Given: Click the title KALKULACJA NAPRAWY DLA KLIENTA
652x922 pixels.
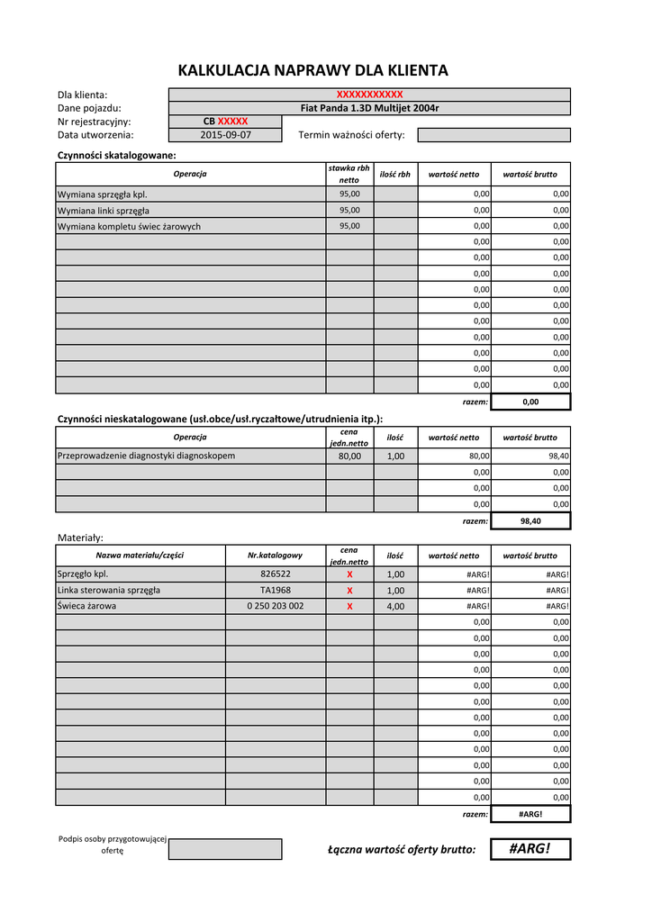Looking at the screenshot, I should click(x=312, y=70).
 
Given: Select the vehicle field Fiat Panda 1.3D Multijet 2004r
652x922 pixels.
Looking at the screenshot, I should click(x=369, y=108).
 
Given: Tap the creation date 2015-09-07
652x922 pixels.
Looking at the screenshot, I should click(x=225, y=135).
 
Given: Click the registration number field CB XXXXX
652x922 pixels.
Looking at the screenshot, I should click(x=225, y=122).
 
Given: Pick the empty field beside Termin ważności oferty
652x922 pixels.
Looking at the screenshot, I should click(x=494, y=135).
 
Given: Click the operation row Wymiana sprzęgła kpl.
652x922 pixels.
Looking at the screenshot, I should click(x=191, y=194).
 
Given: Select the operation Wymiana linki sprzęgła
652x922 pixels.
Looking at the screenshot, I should click(x=191, y=210).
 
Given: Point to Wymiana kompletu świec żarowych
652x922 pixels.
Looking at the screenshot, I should click(x=191, y=226).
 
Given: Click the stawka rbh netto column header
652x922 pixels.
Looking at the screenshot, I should click(x=349, y=174).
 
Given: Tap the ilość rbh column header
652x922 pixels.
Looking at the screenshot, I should click(x=395, y=174).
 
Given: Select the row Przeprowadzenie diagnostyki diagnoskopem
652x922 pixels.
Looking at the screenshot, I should click(x=191, y=456).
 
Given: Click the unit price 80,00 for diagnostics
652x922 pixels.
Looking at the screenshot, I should click(x=349, y=456).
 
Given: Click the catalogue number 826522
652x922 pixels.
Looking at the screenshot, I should click(x=276, y=574).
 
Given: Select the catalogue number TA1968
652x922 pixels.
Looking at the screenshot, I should click(x=276, y=590).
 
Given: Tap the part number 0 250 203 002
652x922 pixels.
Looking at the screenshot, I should click(x=276, y=606).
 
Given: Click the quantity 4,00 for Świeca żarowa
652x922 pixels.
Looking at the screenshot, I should click(x=395, y=606).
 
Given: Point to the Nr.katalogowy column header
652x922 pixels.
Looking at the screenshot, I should click(x=276, y=556).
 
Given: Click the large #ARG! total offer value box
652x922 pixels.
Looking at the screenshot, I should click(x=530, y=849).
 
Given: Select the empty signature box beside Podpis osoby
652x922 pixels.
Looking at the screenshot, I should click(x=225, y=849).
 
